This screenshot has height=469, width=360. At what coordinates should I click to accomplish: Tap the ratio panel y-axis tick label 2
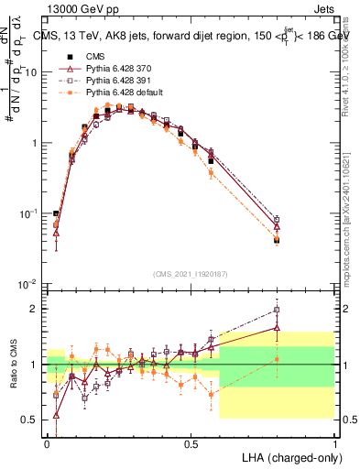[34, 309]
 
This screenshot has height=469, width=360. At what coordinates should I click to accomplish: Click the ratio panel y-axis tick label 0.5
[30, 420]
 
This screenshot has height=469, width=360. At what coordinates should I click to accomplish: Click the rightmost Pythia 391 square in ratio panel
[277, 310]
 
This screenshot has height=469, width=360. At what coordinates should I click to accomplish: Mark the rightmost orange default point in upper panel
[277, 240]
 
